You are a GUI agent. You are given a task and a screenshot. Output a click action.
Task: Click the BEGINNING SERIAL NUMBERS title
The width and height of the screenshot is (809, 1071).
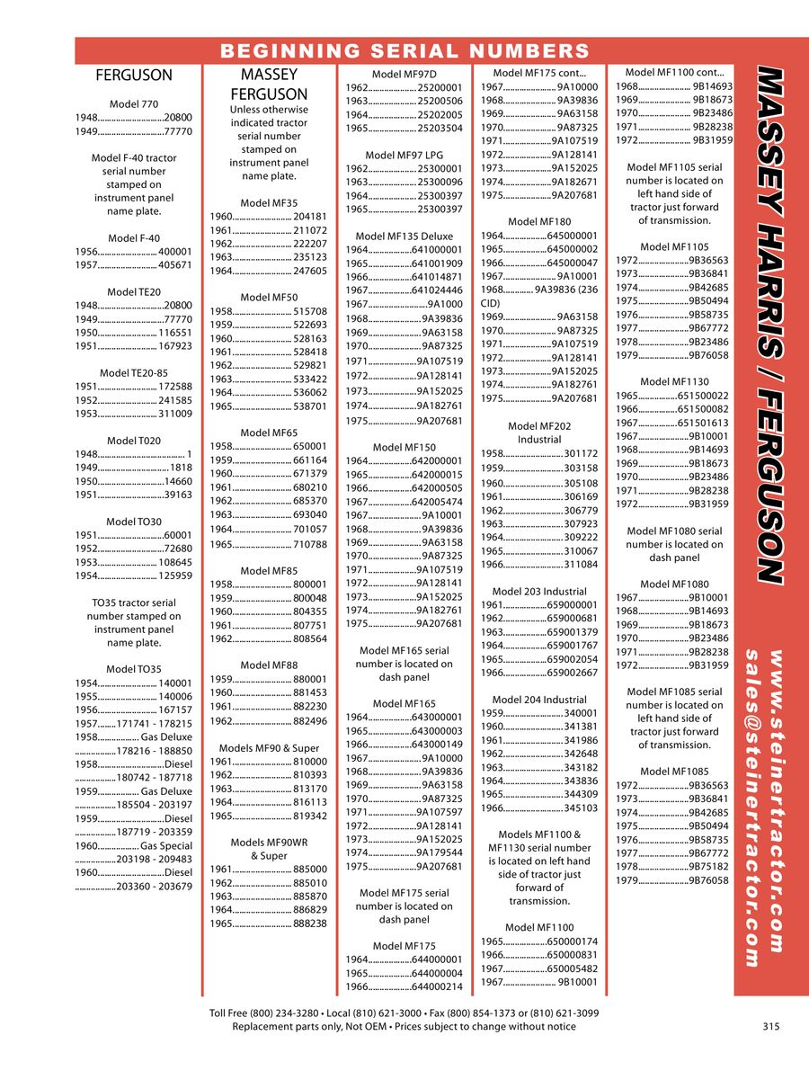click(x=404, y=50)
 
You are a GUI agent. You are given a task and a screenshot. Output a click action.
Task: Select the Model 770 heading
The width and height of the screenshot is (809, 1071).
click(x=134, y=104)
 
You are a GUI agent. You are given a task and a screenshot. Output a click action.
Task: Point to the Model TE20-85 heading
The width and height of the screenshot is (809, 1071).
click(x=134, y=372)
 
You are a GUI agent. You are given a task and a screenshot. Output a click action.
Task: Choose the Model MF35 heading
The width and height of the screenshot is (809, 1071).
click(x=269, y=203)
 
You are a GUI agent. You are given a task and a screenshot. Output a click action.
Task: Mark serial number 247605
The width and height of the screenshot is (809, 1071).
click(x=310, y=271)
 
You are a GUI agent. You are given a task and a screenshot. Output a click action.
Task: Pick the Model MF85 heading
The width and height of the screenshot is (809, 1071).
click(x=269, y=570)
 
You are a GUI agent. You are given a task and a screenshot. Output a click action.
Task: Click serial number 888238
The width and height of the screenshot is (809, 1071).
click(x=310, y=924)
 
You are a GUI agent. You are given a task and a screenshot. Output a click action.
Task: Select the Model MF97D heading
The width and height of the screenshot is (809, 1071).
click(x=404, y=74)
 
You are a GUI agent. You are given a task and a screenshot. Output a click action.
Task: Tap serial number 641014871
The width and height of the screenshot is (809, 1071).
click(x=437, y=277)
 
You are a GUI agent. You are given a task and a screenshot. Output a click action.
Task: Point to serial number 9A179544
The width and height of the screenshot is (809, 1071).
click(x=440, y=852)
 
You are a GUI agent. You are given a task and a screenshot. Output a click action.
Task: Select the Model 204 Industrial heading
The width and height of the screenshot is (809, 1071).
click(x=539, y=700)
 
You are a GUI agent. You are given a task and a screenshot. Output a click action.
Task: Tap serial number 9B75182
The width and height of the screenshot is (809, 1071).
click(x=708, y=867)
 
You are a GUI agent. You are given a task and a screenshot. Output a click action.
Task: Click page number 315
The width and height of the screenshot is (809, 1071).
click(x=770, y=1026)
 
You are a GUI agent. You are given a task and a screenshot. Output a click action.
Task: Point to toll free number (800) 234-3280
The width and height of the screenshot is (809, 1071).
click(x=284, y=1013)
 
